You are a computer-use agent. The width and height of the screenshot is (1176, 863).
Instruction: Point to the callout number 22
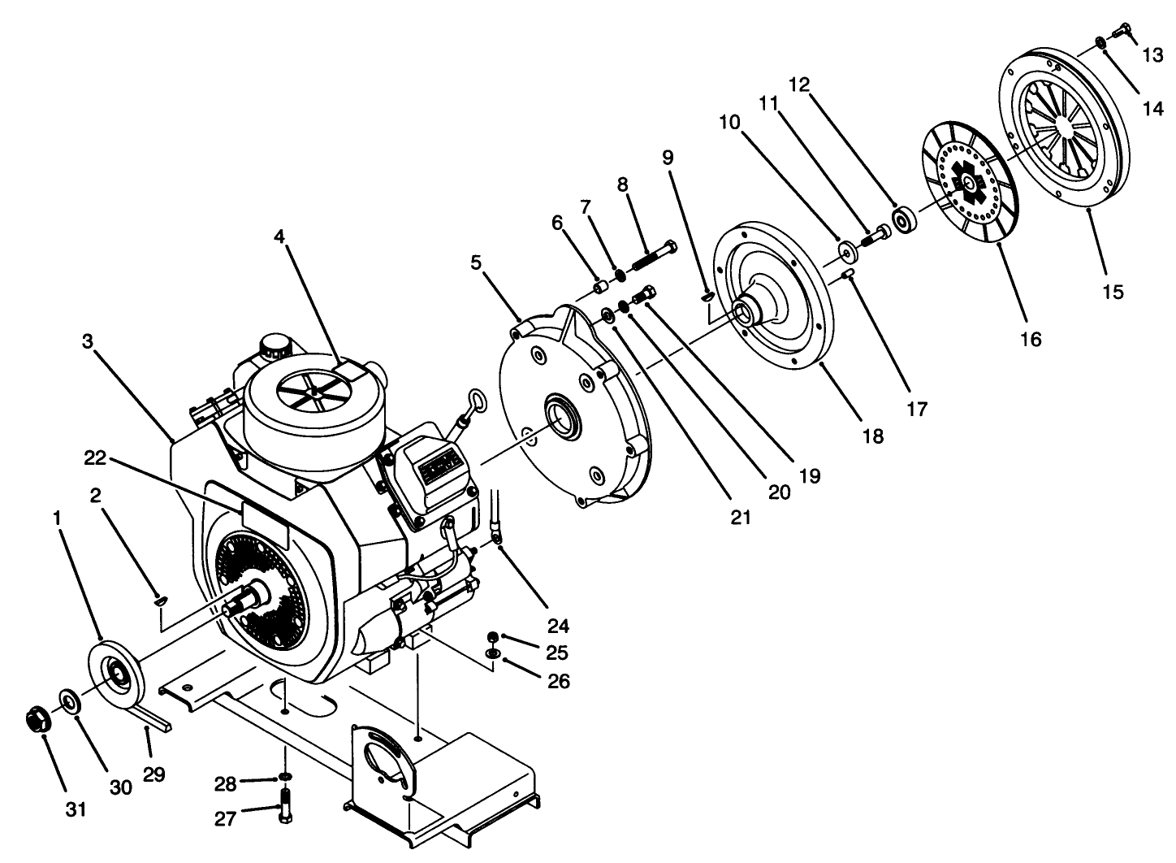[x=95, y=458]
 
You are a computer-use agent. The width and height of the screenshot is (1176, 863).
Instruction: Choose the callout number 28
[x=225, y=783]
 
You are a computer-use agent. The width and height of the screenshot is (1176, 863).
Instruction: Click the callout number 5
[x=476, y=262]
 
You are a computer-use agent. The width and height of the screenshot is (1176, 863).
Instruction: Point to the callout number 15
[x=1113, y=290]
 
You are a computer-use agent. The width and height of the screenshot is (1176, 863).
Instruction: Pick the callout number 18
[x=873, y=436]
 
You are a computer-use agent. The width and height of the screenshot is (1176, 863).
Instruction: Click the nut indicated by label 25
[x=493, y=636]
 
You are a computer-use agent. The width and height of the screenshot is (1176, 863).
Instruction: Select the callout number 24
[x=558, y=626]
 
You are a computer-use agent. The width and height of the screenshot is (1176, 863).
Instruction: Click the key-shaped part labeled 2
[x=161, y=601]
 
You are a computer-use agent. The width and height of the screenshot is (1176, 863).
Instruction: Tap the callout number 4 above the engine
[x=279, y=237]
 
